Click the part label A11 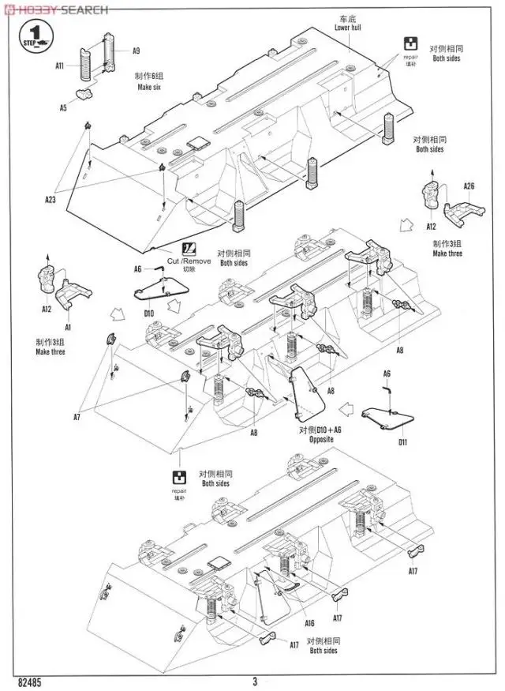point(60,67)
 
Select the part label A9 point(136,51)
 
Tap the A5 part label point(64,107)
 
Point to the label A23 point(50,200)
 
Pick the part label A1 point(68,327)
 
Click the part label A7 point(77,416)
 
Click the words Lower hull point(349,28)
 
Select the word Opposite point(321,440)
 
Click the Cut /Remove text point(189,261)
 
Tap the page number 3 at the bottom point(254,681)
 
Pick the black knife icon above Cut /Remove point(189,247)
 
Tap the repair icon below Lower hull point(410,44)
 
